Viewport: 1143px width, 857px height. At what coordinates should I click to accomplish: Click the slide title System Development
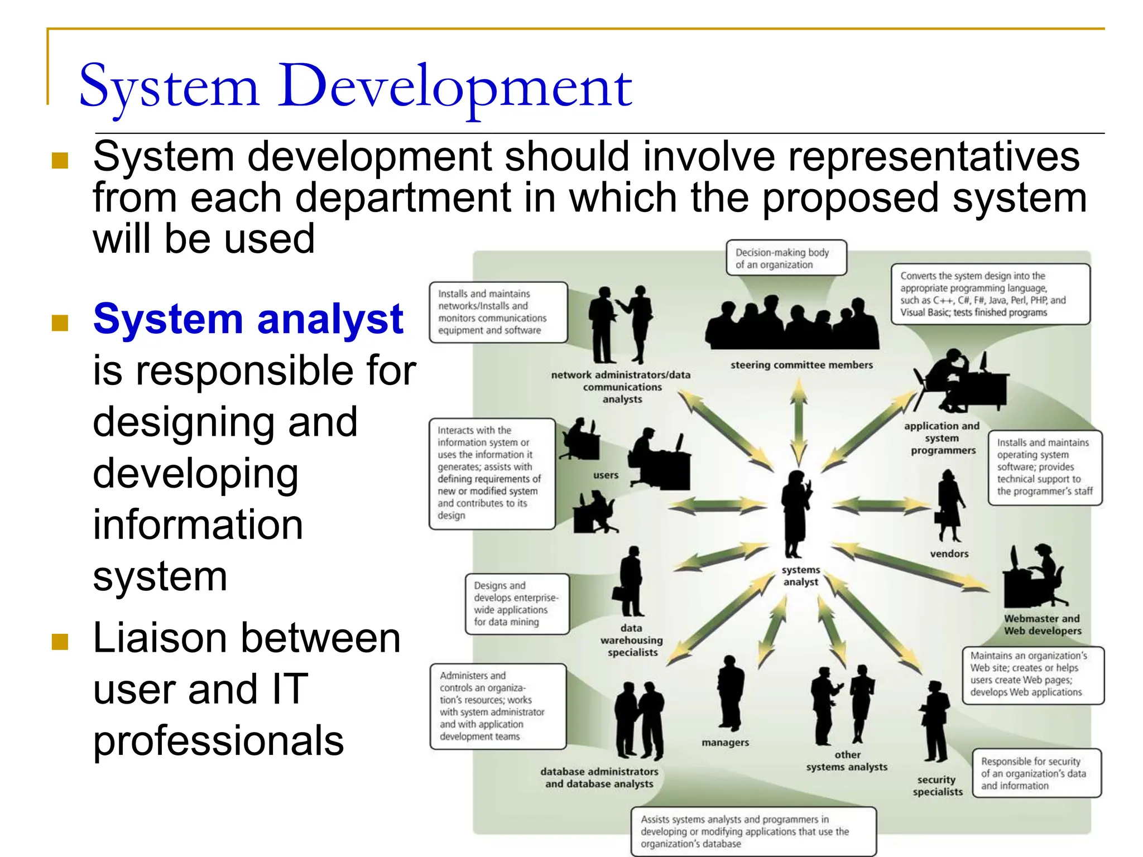[356, 86]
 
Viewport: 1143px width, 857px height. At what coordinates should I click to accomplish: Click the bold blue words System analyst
[248, 319]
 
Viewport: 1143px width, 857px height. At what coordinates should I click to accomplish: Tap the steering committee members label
[801, 365]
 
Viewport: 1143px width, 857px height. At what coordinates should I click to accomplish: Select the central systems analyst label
[800, 576]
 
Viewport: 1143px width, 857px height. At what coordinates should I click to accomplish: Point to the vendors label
[949, 553]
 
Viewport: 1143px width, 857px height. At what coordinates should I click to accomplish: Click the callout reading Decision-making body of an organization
[786, 258]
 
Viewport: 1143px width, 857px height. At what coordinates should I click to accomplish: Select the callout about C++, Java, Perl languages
[990, 294]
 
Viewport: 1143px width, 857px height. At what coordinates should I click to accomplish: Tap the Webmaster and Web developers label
[1042, 625]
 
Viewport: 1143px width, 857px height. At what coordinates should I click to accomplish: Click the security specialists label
[937, 786]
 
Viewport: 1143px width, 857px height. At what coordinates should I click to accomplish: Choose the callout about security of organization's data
[1036, 773]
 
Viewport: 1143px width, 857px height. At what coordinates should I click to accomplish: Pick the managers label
[725, 743]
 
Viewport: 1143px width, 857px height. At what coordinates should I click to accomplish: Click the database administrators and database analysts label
[599, 778]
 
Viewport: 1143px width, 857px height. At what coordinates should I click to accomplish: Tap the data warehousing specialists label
[632, 640]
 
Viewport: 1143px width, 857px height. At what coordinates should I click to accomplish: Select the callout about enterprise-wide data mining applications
[517, 604]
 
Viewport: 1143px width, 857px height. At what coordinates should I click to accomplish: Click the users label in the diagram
[606, 475]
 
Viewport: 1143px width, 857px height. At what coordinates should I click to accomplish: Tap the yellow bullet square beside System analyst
[60, 322]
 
